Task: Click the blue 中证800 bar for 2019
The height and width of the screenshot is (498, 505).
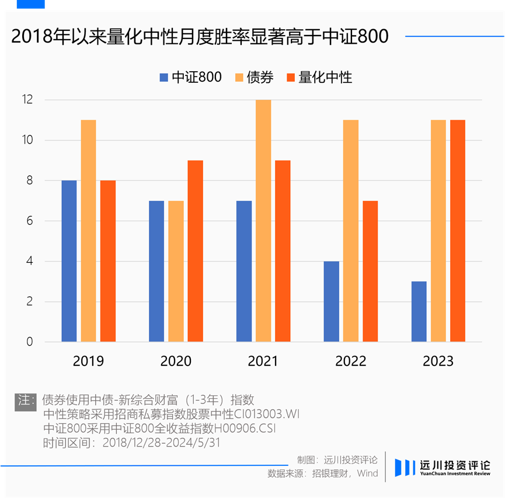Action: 69,261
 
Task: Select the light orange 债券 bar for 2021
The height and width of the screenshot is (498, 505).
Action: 263,221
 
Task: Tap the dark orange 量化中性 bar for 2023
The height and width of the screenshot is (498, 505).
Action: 458,231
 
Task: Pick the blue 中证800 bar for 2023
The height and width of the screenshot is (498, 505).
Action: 419,312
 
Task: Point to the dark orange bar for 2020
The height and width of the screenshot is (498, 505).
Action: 195,251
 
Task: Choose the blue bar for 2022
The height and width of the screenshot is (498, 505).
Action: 332,301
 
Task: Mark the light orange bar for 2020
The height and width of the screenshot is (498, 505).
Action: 176,271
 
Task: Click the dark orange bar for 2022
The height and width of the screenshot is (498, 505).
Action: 370,271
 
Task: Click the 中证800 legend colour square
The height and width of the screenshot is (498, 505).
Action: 163,78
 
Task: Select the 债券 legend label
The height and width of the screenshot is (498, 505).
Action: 260,77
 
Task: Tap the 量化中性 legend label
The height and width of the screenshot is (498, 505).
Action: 325,77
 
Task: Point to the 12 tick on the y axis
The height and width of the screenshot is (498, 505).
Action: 27,99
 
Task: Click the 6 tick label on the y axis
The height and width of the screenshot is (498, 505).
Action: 30,221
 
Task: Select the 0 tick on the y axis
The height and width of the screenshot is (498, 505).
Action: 30,342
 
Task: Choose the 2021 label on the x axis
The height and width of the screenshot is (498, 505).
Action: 263,361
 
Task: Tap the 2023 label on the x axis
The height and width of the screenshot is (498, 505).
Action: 438,361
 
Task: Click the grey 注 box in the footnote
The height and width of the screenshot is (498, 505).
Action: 26,402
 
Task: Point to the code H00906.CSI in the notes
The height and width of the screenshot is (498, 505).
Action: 245,428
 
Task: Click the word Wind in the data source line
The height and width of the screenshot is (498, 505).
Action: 367,473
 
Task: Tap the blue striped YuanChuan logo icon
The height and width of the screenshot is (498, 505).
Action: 405,468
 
